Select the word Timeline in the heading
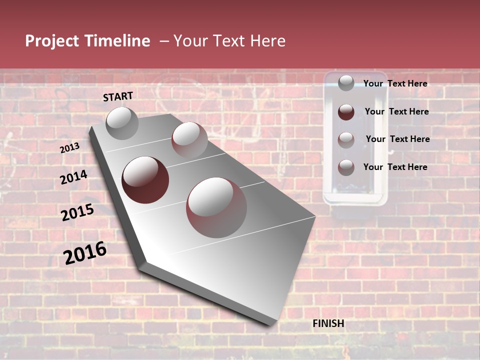[x=118, y=41]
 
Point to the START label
[x=118, y=96]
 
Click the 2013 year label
[x=70, y=147]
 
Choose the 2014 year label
[x=73, y=177]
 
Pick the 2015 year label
[x=77, y=212]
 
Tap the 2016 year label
[x=85, y=253]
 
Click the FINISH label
[x=328, y=323]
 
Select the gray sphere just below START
[x=122, y=123]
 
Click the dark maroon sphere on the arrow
[x=145, y=180]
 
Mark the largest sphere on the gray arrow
[x=216, y=207]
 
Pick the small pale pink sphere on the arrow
[x=189, y=140]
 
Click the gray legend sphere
[x=346, y=83]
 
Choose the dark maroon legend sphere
[x=346, y=112]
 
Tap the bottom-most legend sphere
[x=346, y=167]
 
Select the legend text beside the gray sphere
[x=395, y=83]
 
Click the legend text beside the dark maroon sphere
[x=396, y=111]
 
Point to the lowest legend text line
[x=395, y=167]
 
